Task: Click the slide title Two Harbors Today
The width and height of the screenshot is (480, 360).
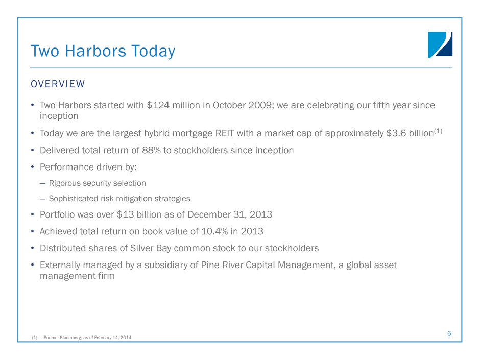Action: (103, 51)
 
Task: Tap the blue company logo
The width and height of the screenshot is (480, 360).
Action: (440, 44)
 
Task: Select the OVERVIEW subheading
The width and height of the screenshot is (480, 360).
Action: (58, 84)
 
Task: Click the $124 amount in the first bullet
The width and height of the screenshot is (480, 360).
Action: (158, 105)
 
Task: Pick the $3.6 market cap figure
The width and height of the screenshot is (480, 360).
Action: (396, 133)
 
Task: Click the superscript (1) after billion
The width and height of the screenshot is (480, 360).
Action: (438, 131)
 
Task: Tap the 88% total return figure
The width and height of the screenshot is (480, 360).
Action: (151, 150)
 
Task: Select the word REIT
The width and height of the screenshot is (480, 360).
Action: (225, 133)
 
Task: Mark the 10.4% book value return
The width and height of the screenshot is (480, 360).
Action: (214, 231)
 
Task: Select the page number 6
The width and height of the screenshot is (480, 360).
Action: (449, 333)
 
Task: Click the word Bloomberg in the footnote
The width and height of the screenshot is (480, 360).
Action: (70, 338)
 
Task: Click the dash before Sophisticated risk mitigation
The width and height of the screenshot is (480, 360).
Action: (42, 199)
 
